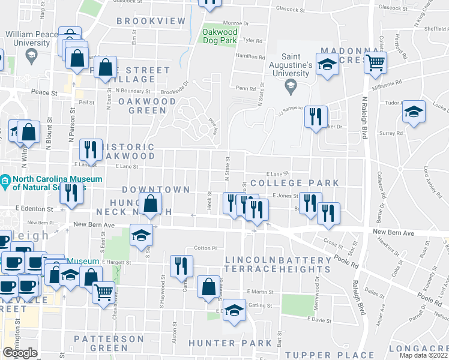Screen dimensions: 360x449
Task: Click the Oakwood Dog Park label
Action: coord(220,36)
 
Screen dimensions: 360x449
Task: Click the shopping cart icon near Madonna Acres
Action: coord(375,61)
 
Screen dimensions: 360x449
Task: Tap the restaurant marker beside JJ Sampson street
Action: coord(315,117)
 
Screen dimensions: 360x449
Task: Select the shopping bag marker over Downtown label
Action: coord(150,204)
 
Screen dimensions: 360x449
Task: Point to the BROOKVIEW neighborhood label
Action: coord(151,21)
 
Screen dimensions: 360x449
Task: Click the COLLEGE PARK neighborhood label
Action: coord(295,183)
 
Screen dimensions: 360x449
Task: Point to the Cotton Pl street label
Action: coord(205,248)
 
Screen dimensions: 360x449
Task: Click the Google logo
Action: coord(20,352)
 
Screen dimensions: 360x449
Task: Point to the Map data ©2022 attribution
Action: coord(424,355)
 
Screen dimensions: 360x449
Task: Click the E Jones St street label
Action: coord(285,196)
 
